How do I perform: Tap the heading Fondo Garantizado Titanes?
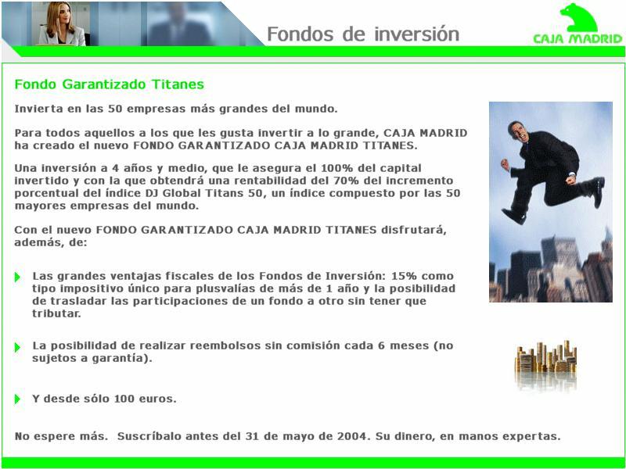pyautogui.click(x=109, y=84)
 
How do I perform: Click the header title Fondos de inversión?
pyautogui.click(x=363, y=34)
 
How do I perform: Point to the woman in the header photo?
pyautogui.click(x=61, y=24)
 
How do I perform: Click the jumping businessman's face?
pyautogui.click(x=519, y=131)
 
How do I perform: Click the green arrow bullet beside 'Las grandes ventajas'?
pyautogui.click(x=17, y=277)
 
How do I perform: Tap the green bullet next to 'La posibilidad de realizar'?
pyautogui.click(x=17, y=347)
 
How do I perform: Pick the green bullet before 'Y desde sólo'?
pyautogui.click(x=17, y=399)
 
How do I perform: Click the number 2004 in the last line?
pyautogui.click(x=351, y=436)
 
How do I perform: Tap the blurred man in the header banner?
pyautogui.click(x=179, y=25)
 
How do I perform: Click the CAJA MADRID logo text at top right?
pyautogui.click(x=577, y=38)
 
